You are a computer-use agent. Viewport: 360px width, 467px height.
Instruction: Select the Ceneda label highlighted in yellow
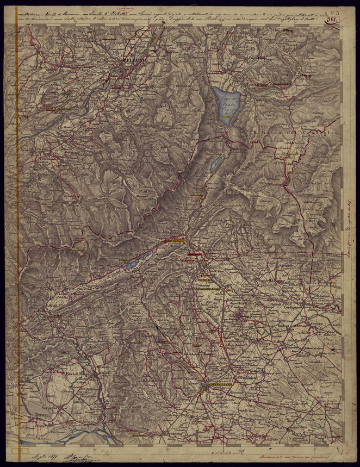pos(206,279)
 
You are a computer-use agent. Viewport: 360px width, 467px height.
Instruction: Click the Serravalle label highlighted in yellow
pos(175,240)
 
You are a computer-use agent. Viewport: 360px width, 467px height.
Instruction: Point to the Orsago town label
pos(317,323)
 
